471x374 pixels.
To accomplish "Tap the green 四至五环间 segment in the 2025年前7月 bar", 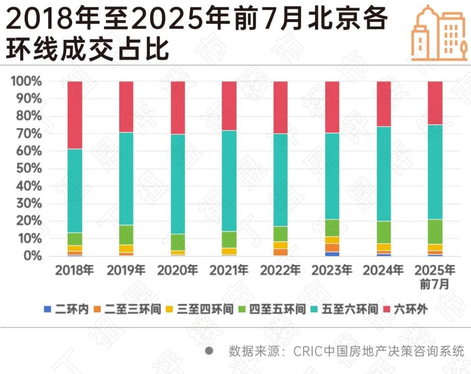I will point(435,231).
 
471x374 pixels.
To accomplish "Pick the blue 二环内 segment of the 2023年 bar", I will point(332,254).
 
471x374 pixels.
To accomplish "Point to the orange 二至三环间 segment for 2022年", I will point(281,252).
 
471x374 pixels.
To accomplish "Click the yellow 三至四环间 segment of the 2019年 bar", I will point(126,249).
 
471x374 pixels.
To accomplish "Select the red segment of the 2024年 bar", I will point(384,104).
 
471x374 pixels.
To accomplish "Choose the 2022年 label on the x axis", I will point(281,270).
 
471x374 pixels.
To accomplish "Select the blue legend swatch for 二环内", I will point(48,310).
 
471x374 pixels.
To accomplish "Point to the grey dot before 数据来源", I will point(209,351).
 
